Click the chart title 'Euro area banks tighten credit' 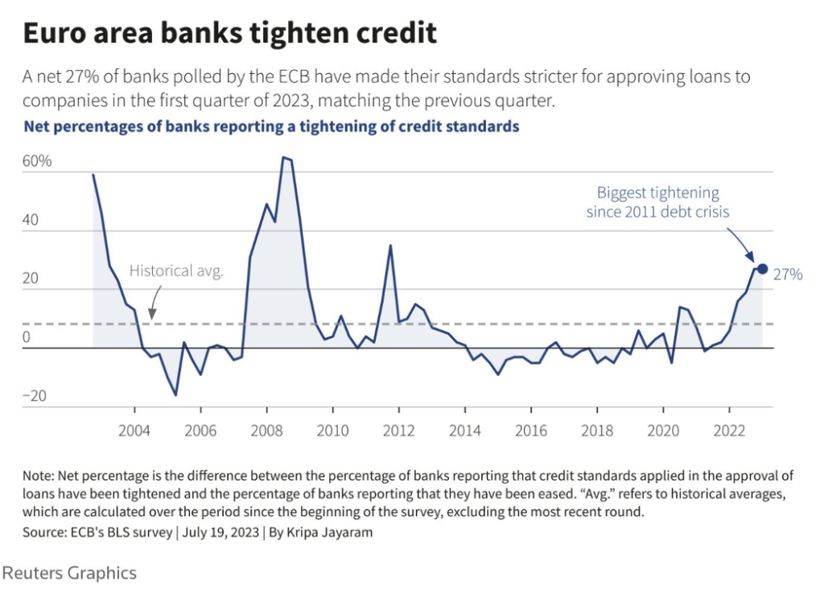229,34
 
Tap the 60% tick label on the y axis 37,161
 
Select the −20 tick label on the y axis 35,396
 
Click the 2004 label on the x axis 134,430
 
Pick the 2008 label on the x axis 266,430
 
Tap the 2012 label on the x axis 398,430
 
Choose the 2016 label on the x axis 530,430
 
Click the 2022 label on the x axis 728,430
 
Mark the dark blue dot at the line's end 762,269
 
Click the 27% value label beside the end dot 788,274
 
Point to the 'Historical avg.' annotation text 176,271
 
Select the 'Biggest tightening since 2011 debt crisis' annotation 657,202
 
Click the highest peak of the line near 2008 283,158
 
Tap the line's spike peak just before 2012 390,245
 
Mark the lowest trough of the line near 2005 175,394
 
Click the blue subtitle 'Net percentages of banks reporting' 271,126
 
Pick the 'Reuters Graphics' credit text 69,573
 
